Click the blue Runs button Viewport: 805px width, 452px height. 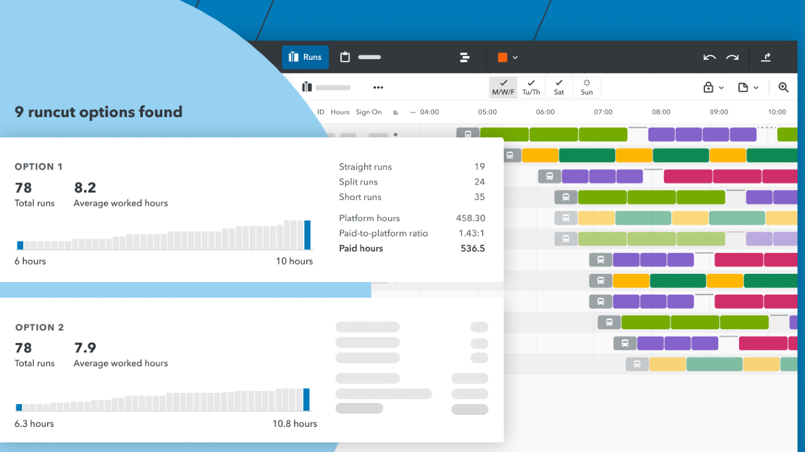point(305,57)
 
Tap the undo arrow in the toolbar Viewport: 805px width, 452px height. point(709,57)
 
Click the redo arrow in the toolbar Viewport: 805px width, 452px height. point(732,57)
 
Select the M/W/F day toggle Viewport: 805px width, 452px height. point(503,88)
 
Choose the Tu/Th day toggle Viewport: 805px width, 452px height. point(531,88)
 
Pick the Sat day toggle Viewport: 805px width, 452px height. point(558,88)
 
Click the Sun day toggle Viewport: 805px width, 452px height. point(586,88)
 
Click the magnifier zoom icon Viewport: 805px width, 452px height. point(783,88)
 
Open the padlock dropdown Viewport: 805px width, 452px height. point(713,88)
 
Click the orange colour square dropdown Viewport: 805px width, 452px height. point(508,57)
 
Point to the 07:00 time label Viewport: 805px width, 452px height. point(602,112)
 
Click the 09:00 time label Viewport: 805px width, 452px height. point(718,112)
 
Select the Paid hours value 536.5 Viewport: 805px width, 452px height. point(472,249)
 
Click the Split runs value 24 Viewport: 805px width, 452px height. point(479,182)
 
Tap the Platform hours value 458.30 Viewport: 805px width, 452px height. point(470,218)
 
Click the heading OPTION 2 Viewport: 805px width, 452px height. point(40,327)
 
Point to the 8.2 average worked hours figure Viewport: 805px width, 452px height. point(85,188)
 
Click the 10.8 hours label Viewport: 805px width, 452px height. point(294,424)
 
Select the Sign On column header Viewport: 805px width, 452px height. point(369,112)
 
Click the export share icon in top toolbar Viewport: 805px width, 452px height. point(765,57)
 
